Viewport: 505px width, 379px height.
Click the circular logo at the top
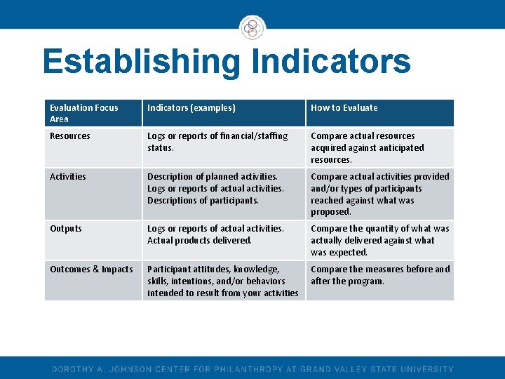pos(252,29)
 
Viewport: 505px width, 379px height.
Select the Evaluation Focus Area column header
pos(84,113)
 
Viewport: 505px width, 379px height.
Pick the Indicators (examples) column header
pos(191,108)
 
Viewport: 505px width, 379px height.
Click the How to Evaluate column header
pos(344,108)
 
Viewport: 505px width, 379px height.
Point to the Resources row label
pos(70,136)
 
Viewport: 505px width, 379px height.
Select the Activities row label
pos(68,177)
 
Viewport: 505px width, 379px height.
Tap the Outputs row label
pos(66,229)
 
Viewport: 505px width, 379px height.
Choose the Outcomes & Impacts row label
pos(91,270)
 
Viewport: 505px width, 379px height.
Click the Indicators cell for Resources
pos(217,142)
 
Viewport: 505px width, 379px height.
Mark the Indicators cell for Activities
pos(215,188)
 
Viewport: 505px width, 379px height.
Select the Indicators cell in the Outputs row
pos(215,234)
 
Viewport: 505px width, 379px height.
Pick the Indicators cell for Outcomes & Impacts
pos(222,281)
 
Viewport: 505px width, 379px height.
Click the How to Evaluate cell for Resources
pos(368,147)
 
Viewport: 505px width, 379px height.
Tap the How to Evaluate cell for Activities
pos(379,194)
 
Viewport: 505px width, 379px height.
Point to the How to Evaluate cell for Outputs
pos(379,240)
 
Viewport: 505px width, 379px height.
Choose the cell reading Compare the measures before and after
pos(379,275)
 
